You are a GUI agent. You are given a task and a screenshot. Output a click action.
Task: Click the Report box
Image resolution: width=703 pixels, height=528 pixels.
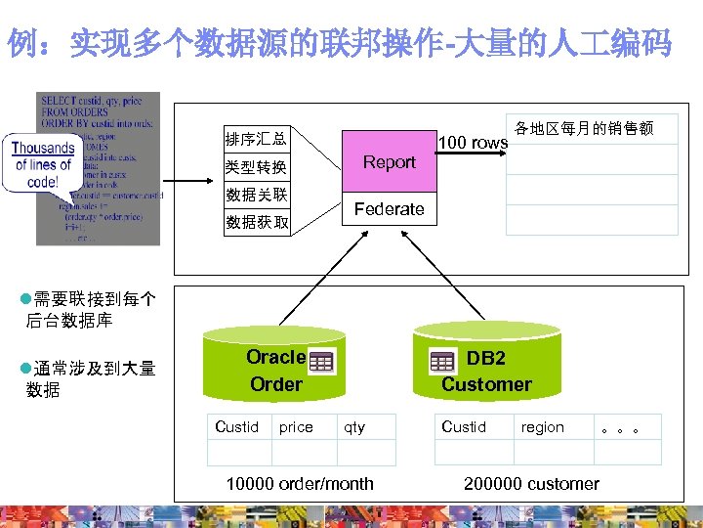click(x=389, y=162)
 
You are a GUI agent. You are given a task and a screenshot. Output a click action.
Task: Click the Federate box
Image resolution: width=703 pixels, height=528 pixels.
click(x=389, y=209)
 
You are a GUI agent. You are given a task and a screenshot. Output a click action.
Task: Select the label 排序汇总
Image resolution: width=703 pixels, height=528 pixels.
click(x=256, y=139)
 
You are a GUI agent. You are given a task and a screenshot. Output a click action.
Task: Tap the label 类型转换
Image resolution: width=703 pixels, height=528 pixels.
click(x=256, y=167)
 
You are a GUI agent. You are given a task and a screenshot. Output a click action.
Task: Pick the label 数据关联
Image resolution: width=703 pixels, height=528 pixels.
click(x=256, y=195)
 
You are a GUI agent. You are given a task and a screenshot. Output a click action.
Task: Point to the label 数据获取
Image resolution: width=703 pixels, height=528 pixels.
click(x=256, y=222)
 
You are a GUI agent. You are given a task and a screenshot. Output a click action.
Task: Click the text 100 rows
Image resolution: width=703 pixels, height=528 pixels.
click(x=473, y=143)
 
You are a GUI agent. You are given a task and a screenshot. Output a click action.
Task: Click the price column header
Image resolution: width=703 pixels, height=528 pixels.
click(x=296, y=427)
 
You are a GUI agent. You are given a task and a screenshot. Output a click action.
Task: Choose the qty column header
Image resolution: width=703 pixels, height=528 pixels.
click(x=354, y=427)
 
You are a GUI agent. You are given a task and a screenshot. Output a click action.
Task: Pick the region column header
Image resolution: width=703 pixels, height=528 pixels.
click(x=542, y=427)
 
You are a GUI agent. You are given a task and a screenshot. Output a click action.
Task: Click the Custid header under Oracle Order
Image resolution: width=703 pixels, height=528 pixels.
click(x=236, y=426)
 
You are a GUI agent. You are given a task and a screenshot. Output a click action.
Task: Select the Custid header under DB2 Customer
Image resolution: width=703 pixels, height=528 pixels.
click(x=463, y=426)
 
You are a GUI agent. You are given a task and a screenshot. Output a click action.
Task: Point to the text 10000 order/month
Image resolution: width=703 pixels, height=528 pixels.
click(x=300, y=483)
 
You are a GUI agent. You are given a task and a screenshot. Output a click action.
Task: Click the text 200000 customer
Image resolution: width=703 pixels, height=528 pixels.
click(x=531, y=483)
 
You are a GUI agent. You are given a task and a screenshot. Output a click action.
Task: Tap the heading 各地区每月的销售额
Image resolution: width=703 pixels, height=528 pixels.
click(x=584, y=128)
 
